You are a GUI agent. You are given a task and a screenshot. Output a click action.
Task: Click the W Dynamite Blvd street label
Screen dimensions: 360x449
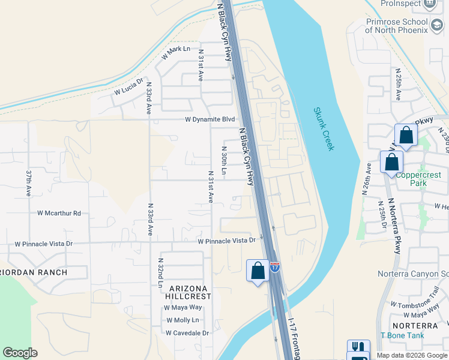[209, 119]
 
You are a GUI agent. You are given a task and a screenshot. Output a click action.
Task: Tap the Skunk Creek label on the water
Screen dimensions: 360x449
[324, 129]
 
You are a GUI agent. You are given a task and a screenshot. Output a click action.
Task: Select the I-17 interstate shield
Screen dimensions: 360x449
[274, 267]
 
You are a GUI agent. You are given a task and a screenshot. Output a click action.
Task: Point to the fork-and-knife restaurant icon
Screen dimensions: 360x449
[358, 347]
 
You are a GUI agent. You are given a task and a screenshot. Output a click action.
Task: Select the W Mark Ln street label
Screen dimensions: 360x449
[175, 53]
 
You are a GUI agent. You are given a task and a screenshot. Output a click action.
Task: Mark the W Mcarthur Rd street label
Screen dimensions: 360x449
[59, 213]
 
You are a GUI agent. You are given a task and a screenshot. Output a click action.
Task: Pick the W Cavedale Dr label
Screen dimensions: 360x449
[187, 333]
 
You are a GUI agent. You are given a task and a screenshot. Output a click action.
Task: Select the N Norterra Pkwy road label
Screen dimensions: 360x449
[397, 226]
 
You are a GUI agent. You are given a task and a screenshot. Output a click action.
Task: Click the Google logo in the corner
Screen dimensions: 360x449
[20, 353]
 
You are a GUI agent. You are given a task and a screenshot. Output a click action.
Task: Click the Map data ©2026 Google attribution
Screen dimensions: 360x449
[411, 355]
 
